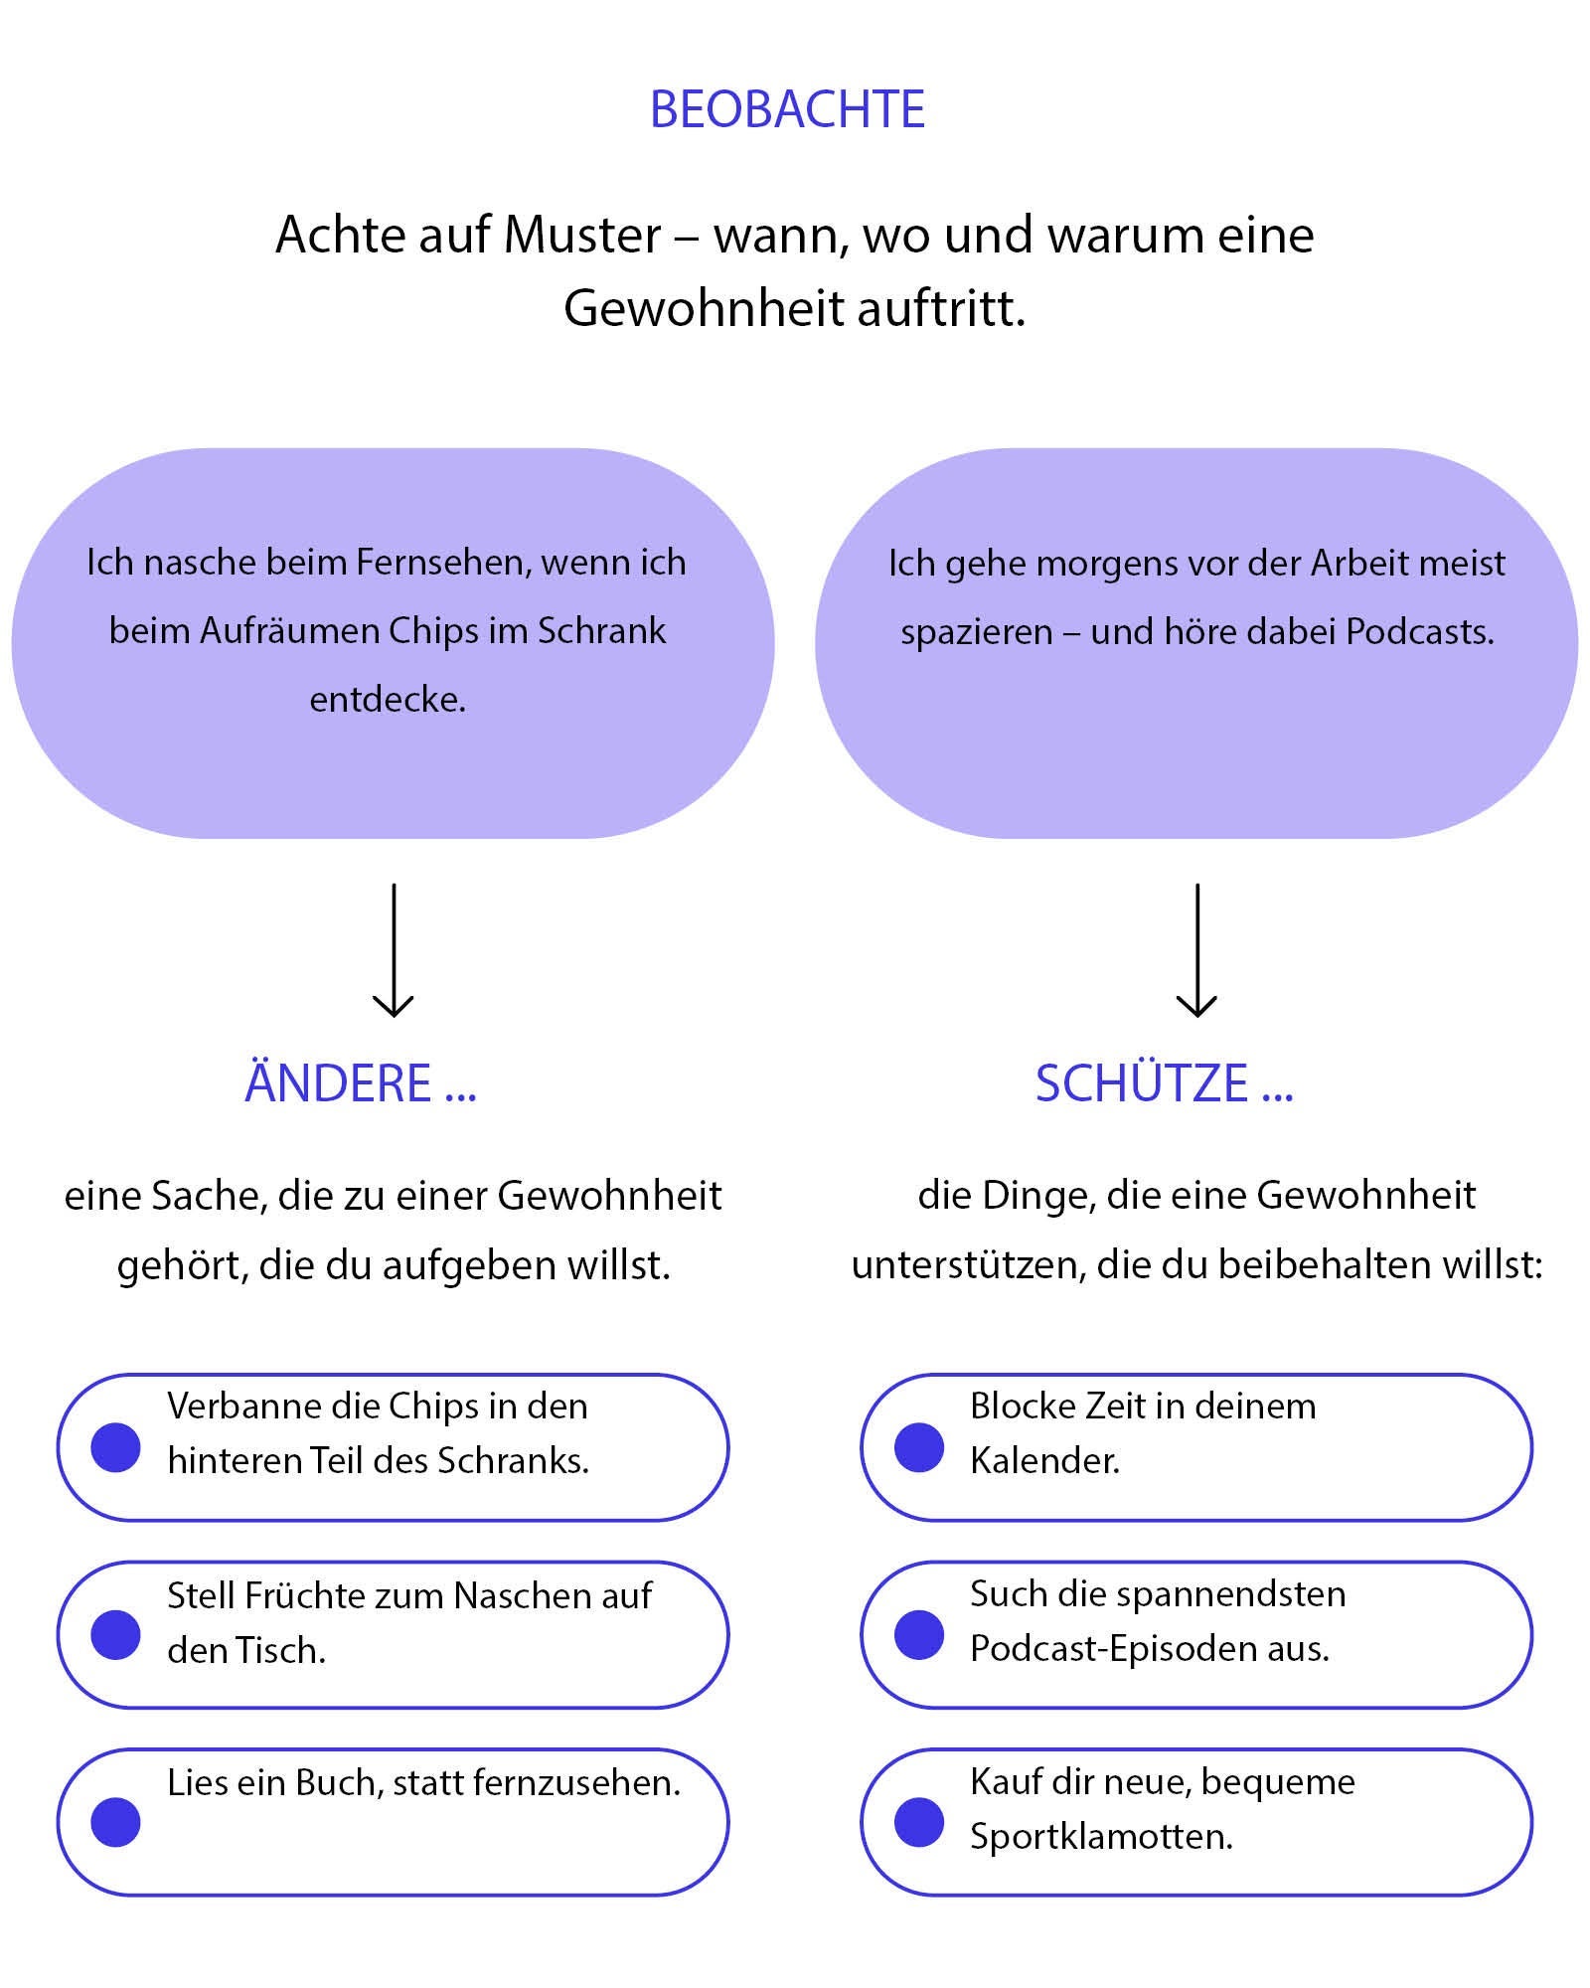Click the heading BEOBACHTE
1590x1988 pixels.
click(x=787, y=109)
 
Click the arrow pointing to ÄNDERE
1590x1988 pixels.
click(x=394, y=949)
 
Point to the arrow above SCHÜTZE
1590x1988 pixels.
click(x=1196, y=949)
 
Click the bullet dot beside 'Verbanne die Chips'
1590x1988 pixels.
click(x=116, y=1446)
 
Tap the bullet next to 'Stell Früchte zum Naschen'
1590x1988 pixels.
click(x=116, y=1634)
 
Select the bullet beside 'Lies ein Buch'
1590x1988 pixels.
click(x=116, y=1822)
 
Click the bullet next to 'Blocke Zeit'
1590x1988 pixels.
click(x=919, y=1446)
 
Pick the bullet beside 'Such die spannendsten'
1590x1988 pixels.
click(x=919, y=1634)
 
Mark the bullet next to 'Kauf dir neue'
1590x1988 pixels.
click(x=919, y=1822)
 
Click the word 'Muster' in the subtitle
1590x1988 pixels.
click(x=582, y=237)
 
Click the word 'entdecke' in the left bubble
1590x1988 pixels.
click(x=388, y=700)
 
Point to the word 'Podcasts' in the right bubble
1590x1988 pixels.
click(x=1419, y=632)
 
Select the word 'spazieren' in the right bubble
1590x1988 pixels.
click(x=976, y=632)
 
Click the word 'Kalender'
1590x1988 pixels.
click(x=1044, y=1461)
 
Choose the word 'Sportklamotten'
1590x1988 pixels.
click(x=1101, y=1837)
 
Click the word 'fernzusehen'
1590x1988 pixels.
click(x=576, y=1783)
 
